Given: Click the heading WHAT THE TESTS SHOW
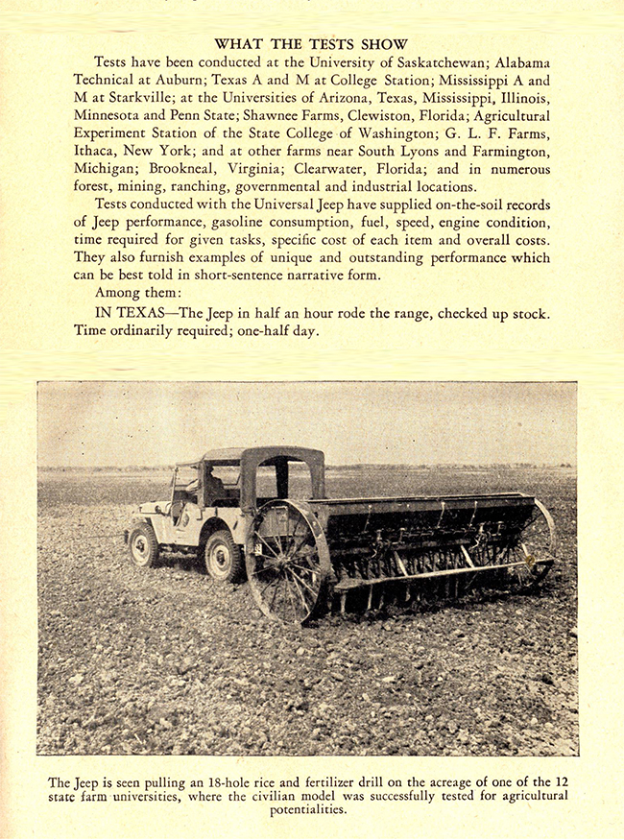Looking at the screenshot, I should pyautogui.click(x=311, y=44).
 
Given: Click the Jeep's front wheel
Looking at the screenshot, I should pyautogui.click(x=145, y=544).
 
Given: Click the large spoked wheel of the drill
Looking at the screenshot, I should pyautogui.click(x=288, y=562).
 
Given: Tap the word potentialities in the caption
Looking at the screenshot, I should pyautogui.click(x=308, y=810).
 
